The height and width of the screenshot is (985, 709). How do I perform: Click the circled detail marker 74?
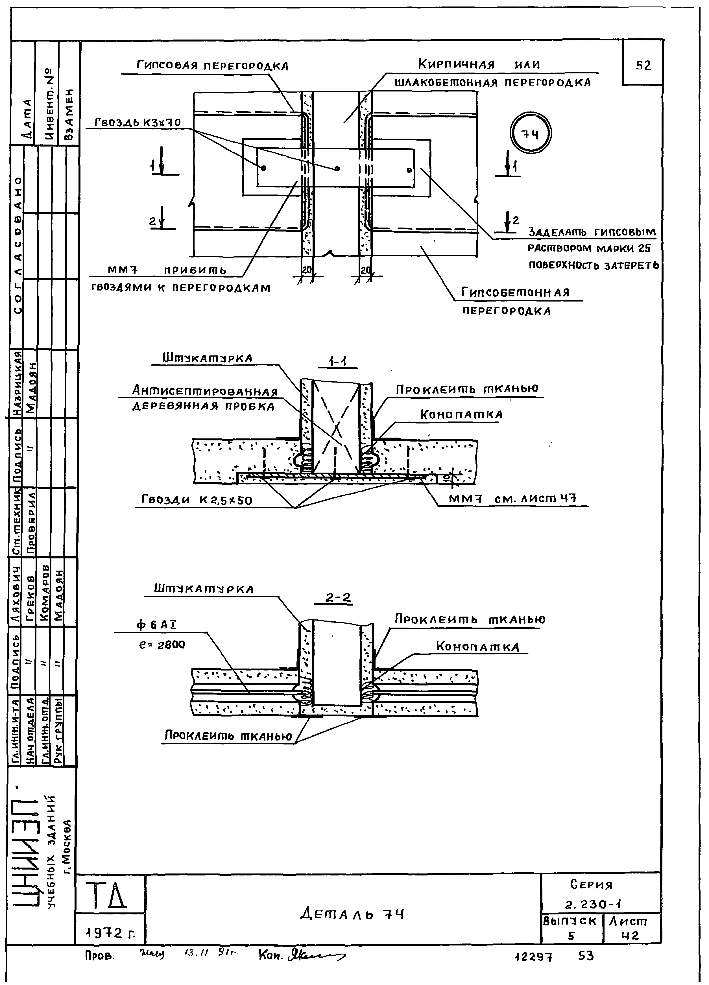point(530,135)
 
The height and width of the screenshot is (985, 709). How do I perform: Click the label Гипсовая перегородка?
point(212,66)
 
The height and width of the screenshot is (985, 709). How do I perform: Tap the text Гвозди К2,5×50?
point(196,500)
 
